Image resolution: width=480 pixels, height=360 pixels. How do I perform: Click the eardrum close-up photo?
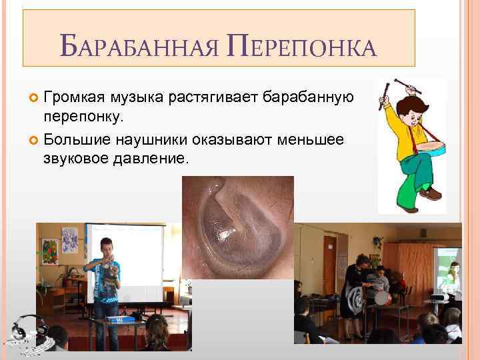237,227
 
